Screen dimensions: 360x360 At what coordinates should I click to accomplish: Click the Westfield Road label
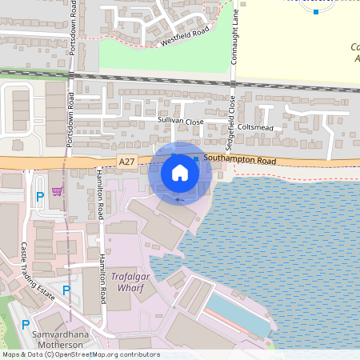pos(184,36)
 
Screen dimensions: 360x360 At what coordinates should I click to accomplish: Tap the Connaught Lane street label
pos(235,40)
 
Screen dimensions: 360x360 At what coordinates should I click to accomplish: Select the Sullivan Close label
pos(181,121)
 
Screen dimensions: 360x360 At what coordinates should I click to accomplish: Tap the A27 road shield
pos(126,162)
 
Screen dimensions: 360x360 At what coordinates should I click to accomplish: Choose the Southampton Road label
pos(239,161)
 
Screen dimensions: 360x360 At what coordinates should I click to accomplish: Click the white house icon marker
pos(180,172)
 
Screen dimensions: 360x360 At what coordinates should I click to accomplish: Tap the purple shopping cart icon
pos(57,191)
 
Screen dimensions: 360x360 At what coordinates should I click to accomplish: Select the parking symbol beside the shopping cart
pos(38,196)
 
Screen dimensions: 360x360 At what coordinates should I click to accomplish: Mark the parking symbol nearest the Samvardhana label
pos(26,325)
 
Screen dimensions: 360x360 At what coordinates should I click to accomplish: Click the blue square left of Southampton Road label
pos(196,160)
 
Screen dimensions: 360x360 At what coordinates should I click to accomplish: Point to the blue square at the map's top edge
pos(316,11)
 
